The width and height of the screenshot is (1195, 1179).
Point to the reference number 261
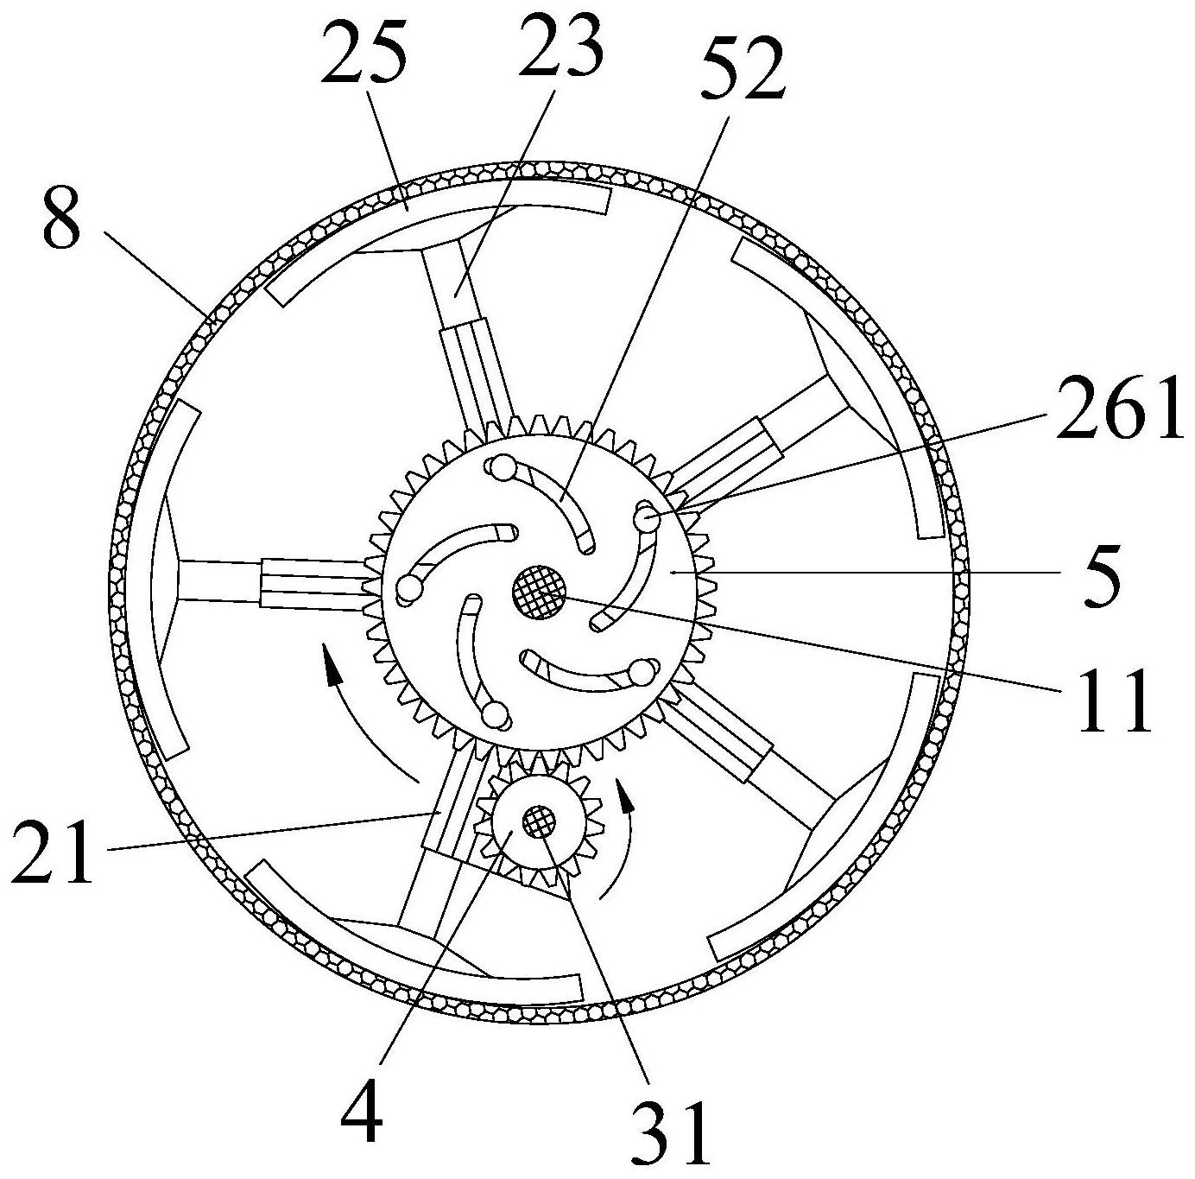1118,410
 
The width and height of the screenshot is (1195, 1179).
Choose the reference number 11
1115,701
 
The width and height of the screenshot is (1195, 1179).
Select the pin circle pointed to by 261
646,517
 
